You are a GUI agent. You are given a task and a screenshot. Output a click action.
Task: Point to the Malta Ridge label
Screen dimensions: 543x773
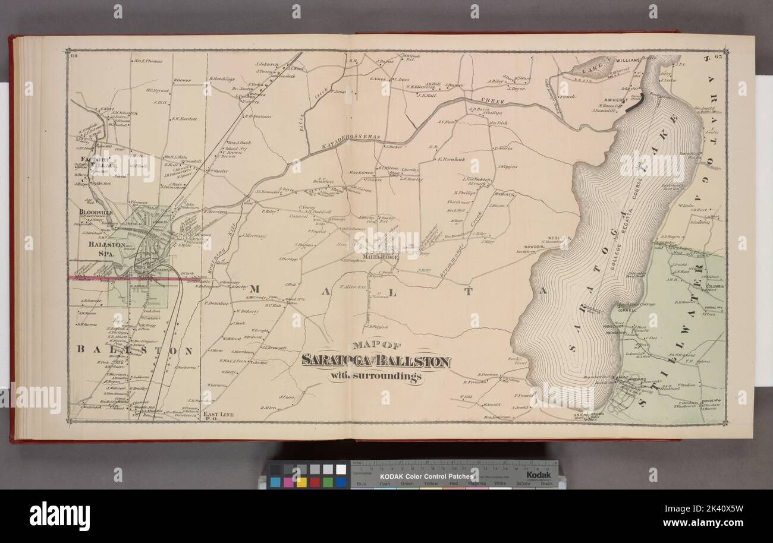coord(380,257)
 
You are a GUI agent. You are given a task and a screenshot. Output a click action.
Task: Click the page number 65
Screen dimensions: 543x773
coord(717,56)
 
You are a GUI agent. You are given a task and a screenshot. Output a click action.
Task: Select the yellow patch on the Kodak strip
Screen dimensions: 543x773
coord(301,482)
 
